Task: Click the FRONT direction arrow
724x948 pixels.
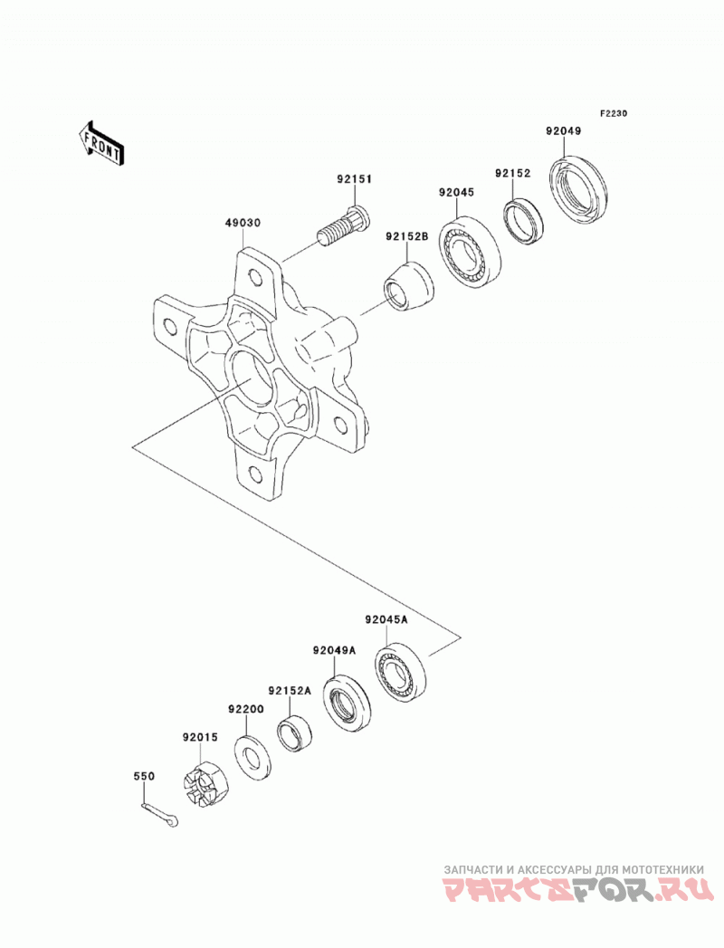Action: tap(101, 143)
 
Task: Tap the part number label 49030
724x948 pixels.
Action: tap(243, 223)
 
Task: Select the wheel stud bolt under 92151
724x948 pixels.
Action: tap(343, 225)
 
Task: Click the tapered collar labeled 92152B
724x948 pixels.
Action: tap(410, 287)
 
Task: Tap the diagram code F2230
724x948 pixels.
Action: tap(614, 113)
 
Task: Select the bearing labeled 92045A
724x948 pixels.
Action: tap(400, 671)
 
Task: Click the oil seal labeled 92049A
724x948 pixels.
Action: tap(347, 704)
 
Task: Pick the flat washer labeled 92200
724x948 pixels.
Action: tap(252, 756)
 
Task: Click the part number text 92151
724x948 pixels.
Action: tap(355, 179)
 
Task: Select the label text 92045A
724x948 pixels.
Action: tap(386, 619)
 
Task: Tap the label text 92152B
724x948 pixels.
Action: tap(407, 237)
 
